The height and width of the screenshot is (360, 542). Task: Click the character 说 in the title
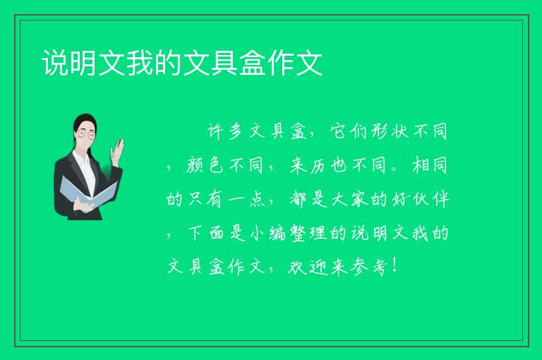55,63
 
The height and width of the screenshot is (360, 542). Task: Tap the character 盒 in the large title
253,63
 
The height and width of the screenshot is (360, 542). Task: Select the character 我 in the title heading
140,63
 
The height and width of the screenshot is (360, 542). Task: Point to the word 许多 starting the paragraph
225,131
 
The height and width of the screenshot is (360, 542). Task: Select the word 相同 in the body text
430,165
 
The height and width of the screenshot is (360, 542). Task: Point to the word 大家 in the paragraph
349,200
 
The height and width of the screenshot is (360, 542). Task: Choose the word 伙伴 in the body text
430,200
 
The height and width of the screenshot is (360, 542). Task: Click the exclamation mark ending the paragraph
395,265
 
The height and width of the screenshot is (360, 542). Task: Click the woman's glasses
86,134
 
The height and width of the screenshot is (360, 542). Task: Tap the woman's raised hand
117,151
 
